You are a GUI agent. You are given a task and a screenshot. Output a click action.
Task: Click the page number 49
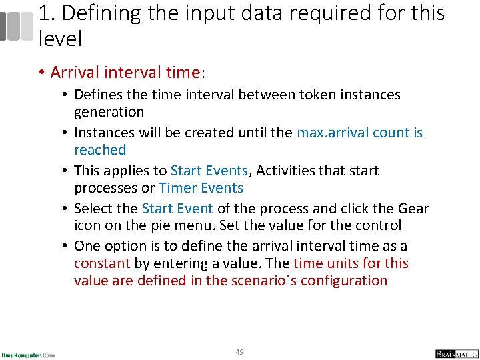tap(239, 351)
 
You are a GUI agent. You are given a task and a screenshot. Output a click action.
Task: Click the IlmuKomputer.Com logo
tap(28, 355)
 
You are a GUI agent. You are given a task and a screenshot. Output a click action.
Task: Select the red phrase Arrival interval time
tap(125, 72)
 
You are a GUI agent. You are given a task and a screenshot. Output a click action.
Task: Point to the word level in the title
tap(60, 39)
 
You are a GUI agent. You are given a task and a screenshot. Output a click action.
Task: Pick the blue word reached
tap(100, 150)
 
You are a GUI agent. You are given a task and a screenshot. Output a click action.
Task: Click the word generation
tap(109, 112)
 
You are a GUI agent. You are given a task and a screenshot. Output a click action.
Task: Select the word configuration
tap(344, 281)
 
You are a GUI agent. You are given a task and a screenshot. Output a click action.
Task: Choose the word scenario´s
tap(263, 281)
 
